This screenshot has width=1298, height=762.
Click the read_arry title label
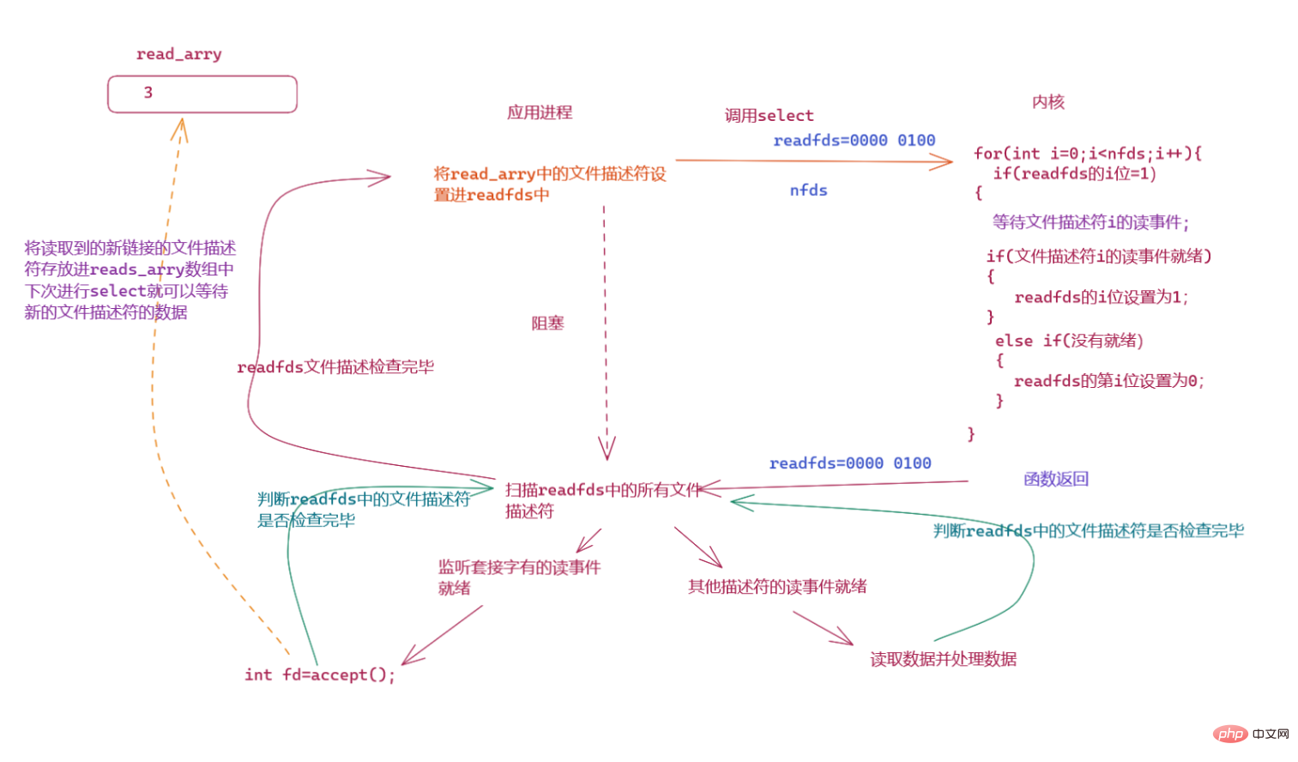178,54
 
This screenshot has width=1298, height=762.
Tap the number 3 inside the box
148,93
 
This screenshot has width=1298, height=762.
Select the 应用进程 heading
539,112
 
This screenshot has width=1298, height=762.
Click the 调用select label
769,115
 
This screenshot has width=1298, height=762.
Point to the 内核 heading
1047,102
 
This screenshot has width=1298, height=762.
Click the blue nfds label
808,190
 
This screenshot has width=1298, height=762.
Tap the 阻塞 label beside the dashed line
547,324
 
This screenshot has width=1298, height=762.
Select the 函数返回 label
1055,479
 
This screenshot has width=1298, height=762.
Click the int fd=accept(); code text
319,674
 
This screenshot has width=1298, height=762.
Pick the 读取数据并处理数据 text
943,659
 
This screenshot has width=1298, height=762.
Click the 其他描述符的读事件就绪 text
776,587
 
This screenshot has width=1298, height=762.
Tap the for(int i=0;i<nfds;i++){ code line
1087,154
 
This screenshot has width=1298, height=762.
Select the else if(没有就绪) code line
1068,341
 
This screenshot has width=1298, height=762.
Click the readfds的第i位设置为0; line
1108,381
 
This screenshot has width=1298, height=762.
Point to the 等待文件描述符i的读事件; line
1090,223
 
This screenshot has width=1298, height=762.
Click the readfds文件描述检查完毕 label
335,367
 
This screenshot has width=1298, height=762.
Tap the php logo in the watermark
1230,734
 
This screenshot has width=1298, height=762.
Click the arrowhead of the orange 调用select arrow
946,161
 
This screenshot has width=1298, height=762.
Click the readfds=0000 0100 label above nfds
854,141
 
